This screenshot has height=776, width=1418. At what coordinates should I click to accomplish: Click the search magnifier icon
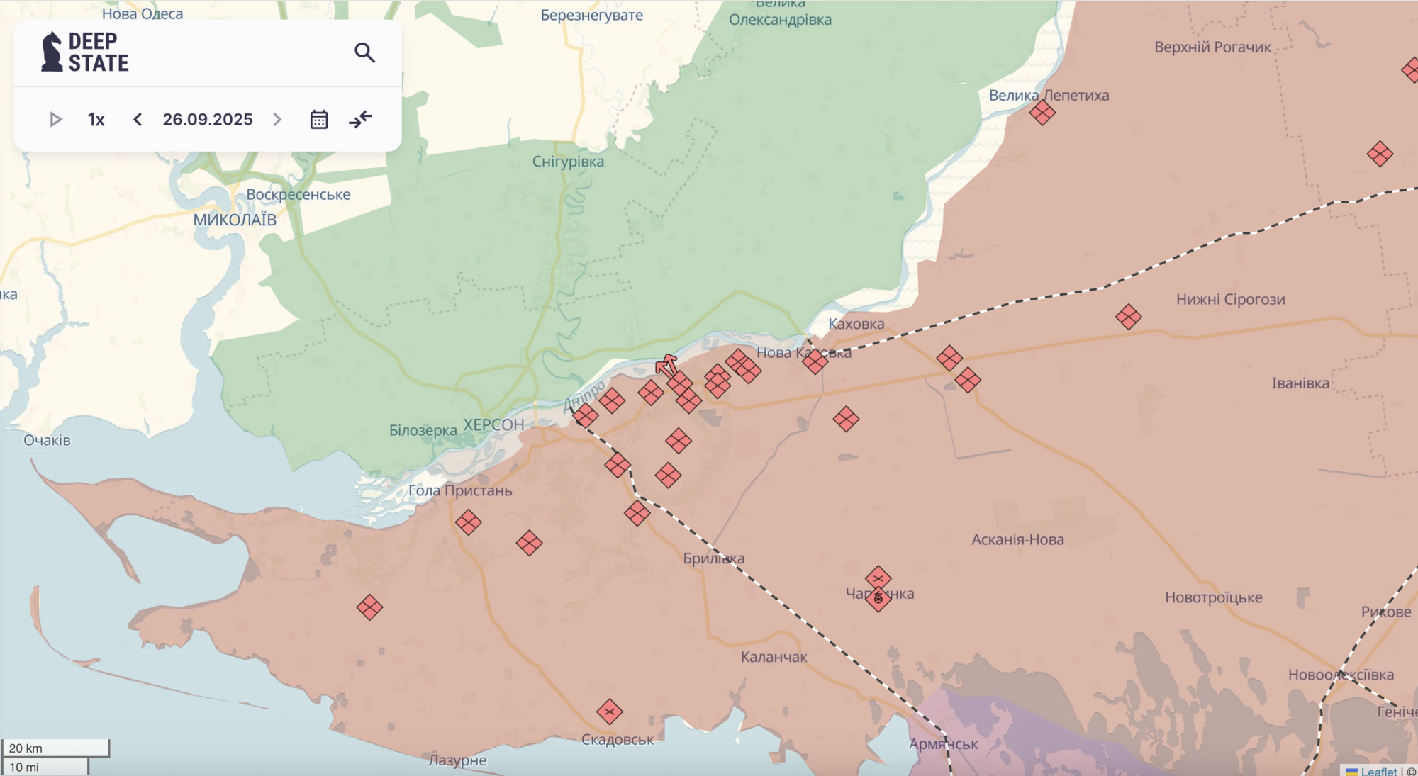(364, 52)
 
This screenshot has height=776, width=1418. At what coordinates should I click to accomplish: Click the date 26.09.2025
(207, 119)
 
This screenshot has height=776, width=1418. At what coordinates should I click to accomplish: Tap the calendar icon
(319, 119)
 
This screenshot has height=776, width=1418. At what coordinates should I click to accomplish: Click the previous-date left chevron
(138, 119)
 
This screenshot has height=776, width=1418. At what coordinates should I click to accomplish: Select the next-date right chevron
(277, 119)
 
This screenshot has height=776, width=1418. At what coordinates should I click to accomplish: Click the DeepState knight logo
(52, 52)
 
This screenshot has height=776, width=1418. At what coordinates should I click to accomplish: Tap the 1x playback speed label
(96, 119)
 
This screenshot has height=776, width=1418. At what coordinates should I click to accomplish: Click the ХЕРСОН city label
(493, 425)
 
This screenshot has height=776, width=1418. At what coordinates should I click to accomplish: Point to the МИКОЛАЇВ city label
(235, 220)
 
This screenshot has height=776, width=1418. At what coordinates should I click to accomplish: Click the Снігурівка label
(568, 162)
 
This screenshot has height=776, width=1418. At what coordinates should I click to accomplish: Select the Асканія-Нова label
(1017, 539)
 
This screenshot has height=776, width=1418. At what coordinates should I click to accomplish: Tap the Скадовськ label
(618, 740)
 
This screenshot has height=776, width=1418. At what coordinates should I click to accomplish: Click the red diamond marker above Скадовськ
(609, 712)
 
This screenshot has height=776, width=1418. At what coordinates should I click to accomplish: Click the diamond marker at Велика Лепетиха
(1042, 112)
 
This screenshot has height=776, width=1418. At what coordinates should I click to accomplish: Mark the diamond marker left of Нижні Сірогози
(1128, 316)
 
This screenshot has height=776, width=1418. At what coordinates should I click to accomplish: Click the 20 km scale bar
(55, 748)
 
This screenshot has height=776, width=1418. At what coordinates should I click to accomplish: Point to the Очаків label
(47, 440)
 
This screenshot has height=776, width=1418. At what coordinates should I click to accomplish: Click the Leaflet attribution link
(1378, 771)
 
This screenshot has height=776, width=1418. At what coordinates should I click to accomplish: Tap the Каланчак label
(774, 657)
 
